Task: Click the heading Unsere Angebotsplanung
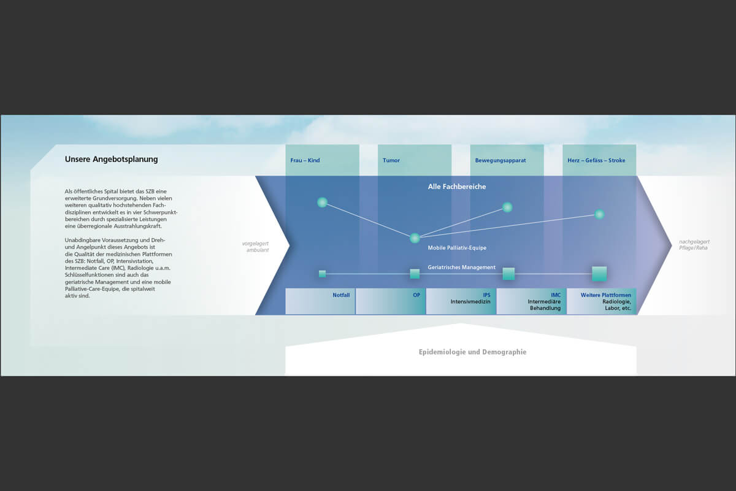(x=111, y=160)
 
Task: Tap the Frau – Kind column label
(x=305, y=160)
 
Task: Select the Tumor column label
(x=391, y=160)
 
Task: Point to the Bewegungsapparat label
(x=500, y=160)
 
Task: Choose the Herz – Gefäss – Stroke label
(x=596, y=160)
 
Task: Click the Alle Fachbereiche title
(x=457, y=187)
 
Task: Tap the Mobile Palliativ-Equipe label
(x=457, y=247)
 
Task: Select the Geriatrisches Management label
(x=461, y=268)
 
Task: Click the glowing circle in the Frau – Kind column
(x=323, y=203)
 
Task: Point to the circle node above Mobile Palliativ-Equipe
(x=415, y=238)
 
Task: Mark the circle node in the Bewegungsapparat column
(x=507, y=207)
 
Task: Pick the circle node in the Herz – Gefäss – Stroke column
(x=599, y=214)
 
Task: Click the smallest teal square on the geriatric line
(x=323, y=274)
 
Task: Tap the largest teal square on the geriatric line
(x=599, y=274)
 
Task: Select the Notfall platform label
(x=341, y=295)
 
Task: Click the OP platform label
(x=416, y=295)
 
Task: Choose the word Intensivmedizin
(x=470, y=301)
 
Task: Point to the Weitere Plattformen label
(x=605, y=295)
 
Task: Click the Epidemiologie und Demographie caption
(x=472, y=352)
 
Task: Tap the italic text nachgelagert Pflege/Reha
(x=694, y=245)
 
